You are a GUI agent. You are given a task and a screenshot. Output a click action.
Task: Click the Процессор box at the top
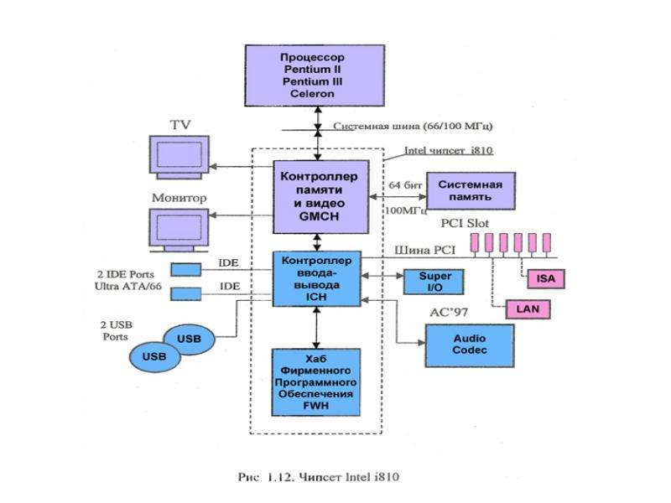(315, 75)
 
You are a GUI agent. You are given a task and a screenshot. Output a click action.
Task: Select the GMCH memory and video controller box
(321, 197)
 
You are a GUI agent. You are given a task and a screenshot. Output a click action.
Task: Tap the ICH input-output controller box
(317, 279)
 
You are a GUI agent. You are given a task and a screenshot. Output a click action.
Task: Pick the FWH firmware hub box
(316, 382)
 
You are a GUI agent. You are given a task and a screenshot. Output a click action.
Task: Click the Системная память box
(471, 191)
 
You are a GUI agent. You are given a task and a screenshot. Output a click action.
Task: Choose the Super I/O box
(434, 282)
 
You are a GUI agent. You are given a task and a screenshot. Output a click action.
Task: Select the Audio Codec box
(470, 345)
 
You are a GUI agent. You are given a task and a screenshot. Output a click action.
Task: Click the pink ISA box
(546, 279)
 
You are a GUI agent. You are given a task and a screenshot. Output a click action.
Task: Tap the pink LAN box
(528, 309)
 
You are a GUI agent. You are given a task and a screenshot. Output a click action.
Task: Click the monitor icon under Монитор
(179, 230)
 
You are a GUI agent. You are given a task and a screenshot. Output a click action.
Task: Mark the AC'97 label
(449, 313)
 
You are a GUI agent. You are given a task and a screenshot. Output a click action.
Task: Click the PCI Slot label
(465, 223)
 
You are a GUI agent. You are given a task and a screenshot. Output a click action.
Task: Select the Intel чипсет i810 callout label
(449, 151)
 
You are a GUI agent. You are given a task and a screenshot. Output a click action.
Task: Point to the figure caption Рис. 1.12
(319, 477)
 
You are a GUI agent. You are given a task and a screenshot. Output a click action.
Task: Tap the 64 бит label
(405, 185)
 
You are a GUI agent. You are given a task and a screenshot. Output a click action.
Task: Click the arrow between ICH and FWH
(316, 328)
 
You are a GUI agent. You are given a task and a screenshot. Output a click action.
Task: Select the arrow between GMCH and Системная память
(398, 197)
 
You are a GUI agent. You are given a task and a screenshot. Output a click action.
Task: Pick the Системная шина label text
(413, 127)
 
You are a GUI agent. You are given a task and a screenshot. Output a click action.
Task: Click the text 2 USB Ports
(116, 330)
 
